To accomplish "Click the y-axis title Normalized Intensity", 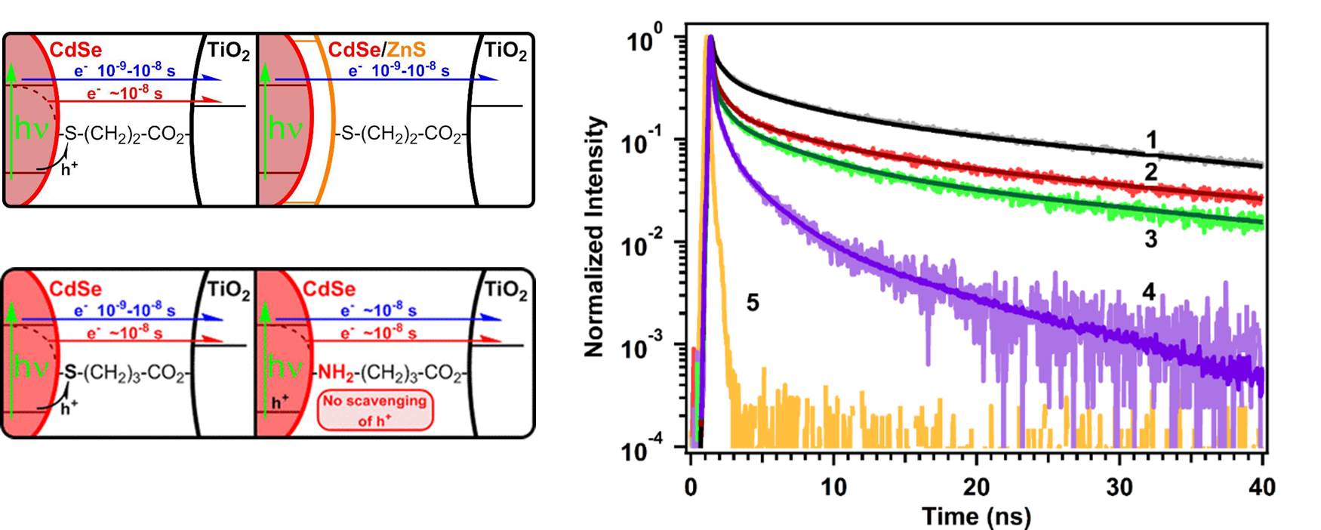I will pos(595,236).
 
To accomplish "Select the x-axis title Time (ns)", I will pos(976,516).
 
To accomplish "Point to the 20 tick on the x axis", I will pos(976,487).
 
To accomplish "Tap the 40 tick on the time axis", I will pos(1261,487).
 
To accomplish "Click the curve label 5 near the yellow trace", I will pos(752,303).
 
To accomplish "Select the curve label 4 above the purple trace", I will pos(1149,292).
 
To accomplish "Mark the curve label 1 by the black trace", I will pos(1151,140).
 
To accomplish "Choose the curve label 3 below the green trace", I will pos(1150,239).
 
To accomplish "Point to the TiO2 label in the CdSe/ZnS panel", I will pos(505,51).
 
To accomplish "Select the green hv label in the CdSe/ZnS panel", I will pos(285,128).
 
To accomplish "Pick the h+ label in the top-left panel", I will pos(69,169).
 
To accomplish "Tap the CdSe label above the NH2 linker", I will pos(329,289).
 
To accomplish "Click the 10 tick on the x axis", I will pos(833,487).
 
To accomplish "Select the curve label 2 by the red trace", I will pos(1150,172).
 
